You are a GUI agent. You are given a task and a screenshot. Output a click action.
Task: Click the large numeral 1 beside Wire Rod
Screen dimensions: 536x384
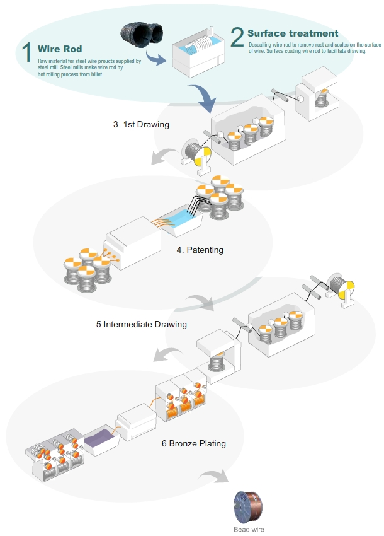26,52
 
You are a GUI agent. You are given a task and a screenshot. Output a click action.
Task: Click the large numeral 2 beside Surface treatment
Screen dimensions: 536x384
237,37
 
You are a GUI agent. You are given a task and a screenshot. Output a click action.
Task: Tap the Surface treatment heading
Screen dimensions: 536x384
292,33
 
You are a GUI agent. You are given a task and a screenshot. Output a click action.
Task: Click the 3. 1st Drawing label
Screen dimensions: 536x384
141,125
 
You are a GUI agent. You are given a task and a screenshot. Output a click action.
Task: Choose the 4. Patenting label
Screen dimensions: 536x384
200,250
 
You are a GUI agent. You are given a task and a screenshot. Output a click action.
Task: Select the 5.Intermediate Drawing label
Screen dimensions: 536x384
142,325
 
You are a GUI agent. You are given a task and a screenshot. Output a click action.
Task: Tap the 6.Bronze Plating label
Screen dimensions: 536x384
193,444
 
